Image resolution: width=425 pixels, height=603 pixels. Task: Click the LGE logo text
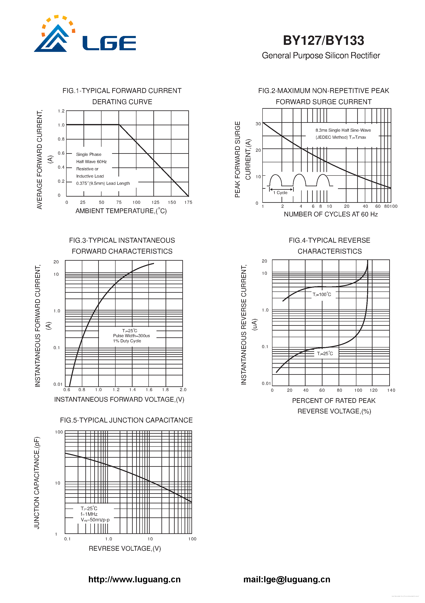pos(109,43)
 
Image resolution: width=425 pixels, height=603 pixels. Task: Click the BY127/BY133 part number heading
pos(323,41)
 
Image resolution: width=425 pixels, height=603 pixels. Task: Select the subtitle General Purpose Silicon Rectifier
pos(321,56)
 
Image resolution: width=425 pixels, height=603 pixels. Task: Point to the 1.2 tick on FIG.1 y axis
pos(61,111)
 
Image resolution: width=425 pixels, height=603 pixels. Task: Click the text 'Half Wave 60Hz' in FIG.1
pos(91,161)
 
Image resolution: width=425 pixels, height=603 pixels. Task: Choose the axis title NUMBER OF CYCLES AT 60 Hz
pos(331,214)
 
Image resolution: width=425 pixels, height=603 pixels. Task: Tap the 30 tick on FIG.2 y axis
pos(258,124)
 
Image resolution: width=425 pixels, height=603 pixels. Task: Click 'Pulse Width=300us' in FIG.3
pos(131,336)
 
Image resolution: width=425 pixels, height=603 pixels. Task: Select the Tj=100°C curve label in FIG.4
pos(322,294)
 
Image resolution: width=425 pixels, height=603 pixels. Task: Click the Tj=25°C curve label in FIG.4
pos(325,353)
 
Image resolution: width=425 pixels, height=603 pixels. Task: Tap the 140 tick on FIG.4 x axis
pos(391,390)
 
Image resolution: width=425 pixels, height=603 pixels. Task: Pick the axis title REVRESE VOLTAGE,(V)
pos(125,548)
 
